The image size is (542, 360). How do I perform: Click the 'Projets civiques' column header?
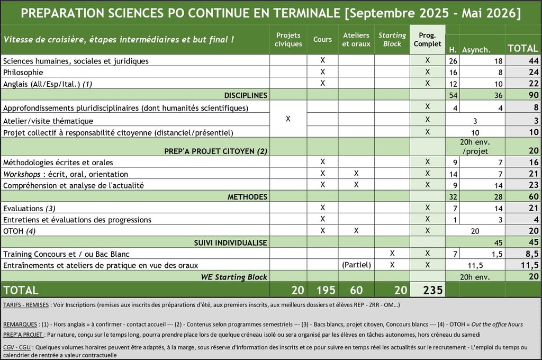click(288, 39)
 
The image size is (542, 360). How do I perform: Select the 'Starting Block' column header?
click(392, 39)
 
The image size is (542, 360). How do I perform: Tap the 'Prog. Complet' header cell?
click(427, 39)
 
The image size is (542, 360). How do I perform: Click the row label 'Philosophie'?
click(23, 73)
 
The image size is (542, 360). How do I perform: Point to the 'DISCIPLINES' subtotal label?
click(246, 95)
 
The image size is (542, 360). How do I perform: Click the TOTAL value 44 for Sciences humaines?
click(534, 61)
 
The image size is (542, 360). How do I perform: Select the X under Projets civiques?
click(288, 119)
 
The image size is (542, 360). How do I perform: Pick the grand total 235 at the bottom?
click(433, 290)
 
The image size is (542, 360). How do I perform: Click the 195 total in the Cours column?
click(326, 290)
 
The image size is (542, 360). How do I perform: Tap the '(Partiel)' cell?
click(356, 265)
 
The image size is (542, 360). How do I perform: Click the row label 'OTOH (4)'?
click(20, 231)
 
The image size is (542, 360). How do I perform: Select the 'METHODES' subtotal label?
click(247, 197)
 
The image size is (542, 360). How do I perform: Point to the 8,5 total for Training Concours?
click(532, 254)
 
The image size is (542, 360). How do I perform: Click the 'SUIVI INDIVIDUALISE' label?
click(231, 243)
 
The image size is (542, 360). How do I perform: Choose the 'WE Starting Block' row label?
click(234, 277)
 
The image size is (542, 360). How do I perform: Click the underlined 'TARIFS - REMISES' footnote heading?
click(26, 305)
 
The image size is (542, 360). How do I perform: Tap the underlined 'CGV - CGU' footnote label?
click(17, 347)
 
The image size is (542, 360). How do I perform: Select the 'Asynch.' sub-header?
click(476, 50)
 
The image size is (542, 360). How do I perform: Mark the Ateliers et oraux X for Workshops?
click(356, 173)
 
